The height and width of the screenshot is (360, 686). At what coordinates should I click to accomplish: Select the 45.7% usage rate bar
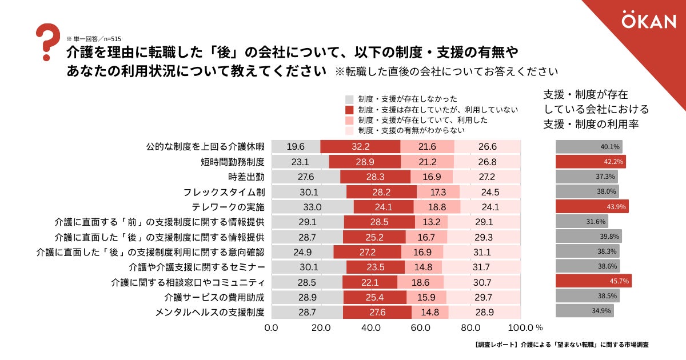593,281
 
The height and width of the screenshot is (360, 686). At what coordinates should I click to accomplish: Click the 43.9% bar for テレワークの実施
592,206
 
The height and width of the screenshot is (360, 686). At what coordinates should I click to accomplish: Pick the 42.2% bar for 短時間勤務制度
590,162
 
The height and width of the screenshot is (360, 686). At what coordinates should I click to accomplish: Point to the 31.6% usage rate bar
581,221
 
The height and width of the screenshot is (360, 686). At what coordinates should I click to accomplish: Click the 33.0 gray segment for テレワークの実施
313,206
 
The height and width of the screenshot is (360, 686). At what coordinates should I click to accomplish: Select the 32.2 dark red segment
360,147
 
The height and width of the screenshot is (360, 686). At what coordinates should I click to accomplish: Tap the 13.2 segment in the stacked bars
431,221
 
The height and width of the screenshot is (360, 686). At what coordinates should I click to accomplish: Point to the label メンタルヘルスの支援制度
210,311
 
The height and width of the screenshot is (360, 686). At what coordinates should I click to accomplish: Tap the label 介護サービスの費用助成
214,297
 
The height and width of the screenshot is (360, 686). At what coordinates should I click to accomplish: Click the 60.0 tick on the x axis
421,328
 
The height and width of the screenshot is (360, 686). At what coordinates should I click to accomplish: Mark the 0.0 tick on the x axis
272,328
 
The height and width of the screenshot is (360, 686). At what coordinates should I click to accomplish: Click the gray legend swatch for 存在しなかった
350,99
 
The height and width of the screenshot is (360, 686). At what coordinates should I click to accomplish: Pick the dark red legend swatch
350,109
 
